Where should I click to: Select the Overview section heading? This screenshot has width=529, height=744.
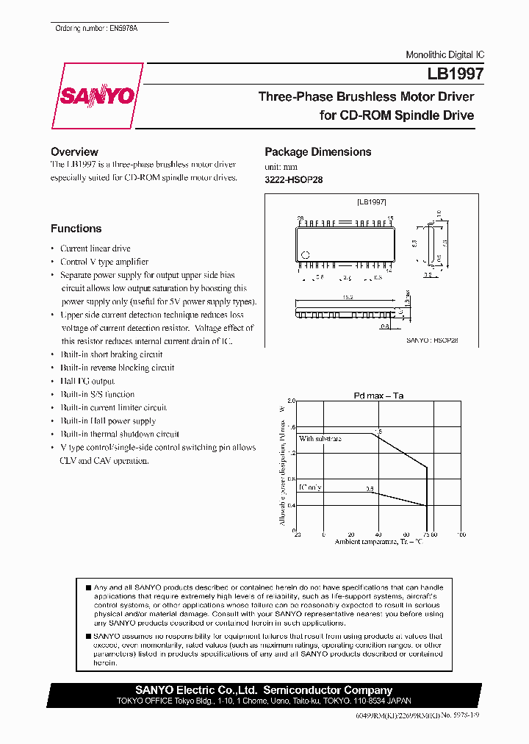[74, 151]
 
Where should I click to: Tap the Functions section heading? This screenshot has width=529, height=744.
[76, 229]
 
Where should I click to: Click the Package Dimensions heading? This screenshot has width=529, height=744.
[317, 151]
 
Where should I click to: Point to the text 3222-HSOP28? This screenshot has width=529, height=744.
[293, 179]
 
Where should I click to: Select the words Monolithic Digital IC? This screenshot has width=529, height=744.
[445, 55]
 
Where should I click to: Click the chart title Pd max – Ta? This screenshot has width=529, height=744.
[378, 396]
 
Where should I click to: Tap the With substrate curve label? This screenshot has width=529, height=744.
[320, 438]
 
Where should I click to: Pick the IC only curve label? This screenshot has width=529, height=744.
[309, 487]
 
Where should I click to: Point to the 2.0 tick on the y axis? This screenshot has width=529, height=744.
[291, 401]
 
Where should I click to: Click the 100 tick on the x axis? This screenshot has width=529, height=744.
[461, 535]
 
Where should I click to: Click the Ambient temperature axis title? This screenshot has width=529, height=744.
[378, 542]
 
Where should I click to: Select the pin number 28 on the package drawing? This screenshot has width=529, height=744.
[300, 218]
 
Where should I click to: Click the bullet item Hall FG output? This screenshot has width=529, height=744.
[87, 381]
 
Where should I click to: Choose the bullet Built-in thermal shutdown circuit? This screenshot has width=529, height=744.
[120, 434]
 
